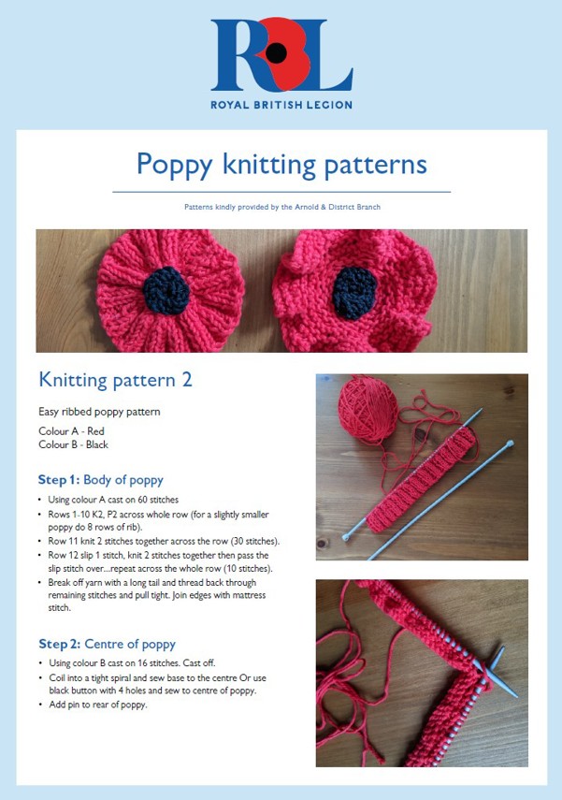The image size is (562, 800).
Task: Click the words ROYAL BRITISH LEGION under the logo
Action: coord(281,104)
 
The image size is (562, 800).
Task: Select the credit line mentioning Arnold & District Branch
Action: coord(281,207)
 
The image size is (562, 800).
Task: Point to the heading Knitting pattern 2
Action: coord(115,380)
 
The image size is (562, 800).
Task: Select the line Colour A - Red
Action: coord(71,431)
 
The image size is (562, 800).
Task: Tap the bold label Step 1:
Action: coord(65,481)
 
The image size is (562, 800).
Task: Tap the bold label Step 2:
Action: coord(65,644)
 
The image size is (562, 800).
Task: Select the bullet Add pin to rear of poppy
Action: coord(99,705)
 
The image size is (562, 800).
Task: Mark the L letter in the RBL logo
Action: coord(328,56)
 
